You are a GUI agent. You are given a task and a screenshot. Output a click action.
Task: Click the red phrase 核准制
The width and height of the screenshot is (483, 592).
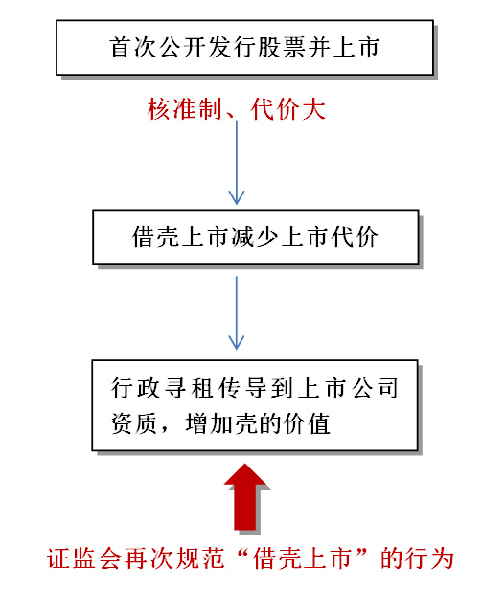coord(185,109)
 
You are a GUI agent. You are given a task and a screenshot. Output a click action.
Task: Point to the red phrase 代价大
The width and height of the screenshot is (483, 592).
coord(287,109)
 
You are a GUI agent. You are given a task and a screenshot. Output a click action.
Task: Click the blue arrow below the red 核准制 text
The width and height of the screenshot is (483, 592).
coord(237,163)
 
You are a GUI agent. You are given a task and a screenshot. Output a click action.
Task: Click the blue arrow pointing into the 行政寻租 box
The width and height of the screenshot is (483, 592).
coord(237,312)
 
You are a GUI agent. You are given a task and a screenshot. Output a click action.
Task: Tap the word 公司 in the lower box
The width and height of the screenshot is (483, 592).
coord(375,388)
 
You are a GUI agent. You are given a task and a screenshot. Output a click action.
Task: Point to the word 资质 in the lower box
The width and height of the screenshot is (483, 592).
coord(133,423)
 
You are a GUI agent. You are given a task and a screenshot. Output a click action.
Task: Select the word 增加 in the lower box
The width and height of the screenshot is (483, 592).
coord(209,423)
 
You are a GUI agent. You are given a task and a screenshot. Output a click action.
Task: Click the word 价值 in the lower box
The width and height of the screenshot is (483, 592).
coord(307,423)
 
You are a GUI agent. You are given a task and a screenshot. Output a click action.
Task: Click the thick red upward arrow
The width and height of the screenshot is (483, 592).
coord(245,497)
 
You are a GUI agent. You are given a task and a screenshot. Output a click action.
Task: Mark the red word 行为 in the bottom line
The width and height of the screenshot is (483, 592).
coord(430,558)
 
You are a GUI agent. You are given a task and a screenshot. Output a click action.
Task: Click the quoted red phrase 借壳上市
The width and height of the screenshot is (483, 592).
coord(303,558)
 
